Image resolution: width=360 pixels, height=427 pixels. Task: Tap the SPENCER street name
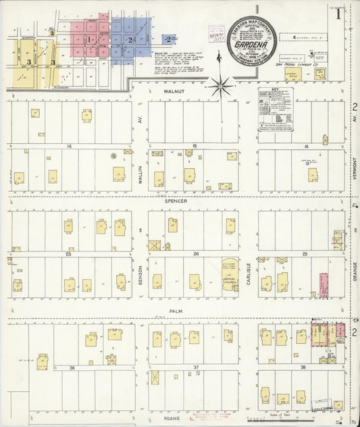tap(194, 201)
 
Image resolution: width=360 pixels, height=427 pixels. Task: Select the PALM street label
tap(195, 311)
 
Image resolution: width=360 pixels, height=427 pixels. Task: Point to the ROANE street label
tap(195, 418)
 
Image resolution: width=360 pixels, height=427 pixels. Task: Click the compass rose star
tap(222, 86)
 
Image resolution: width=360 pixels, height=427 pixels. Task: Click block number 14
tap(69, 146)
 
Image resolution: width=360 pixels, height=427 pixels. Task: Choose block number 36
tap(71, 368)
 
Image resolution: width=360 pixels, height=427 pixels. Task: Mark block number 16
tap(305, 146)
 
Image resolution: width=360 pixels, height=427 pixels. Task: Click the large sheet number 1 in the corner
tap(338, 15)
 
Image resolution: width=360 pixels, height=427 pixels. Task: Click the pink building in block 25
tap(324, 285)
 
